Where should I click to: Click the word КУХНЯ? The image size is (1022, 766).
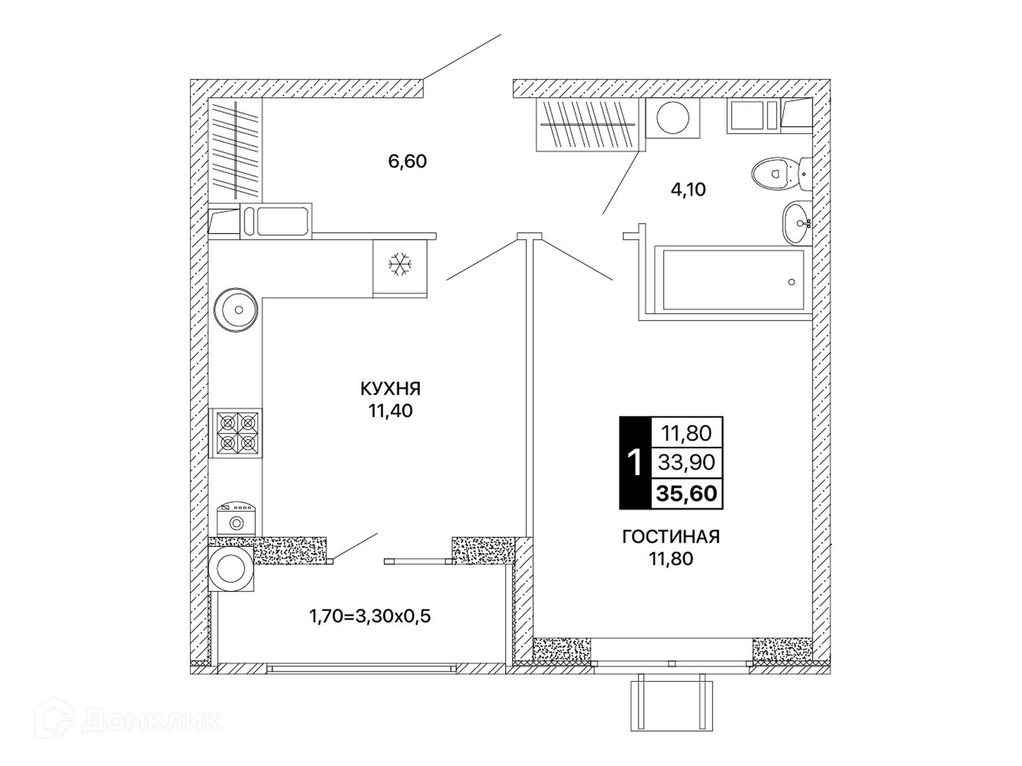coord(390,389)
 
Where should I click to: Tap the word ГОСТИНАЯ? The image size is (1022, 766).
coord(671,537)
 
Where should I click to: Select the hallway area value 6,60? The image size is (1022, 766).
coord(407,161)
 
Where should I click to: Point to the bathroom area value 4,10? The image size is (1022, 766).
coord(688,189)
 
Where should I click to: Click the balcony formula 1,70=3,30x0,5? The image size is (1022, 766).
coord(370,616)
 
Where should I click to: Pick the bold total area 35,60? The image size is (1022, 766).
coord(687,494)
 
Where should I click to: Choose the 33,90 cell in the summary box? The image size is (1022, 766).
coord(687,462)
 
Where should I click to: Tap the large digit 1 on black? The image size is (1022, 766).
coord(635,463)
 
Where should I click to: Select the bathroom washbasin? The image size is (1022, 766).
coord(797,222)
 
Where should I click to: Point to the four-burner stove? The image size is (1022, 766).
coord(237,432)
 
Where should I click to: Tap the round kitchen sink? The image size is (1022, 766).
coord(236,310)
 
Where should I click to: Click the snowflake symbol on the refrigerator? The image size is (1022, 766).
coord(400,264)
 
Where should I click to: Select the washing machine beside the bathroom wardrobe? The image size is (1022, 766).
coord(673,118)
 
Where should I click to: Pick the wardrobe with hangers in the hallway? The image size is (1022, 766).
coord(235,150)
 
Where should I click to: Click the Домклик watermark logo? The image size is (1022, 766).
coord(128,720)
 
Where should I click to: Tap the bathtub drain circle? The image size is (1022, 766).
coord(792,282)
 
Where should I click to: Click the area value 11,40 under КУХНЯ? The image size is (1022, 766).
coord(390,411)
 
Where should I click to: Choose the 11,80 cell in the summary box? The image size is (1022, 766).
coord(687,433)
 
